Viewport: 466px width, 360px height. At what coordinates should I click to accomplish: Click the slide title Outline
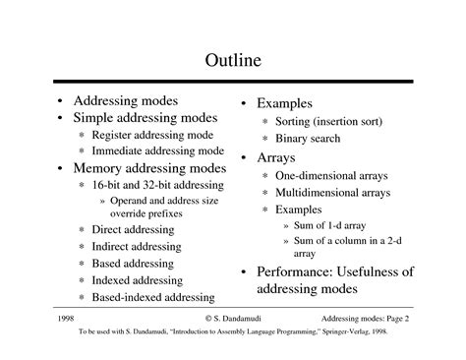pos(233,61)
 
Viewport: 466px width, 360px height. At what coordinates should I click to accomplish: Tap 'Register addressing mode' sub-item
pos(153,135)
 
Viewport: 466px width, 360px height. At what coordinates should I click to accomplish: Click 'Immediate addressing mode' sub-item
pos(157,151)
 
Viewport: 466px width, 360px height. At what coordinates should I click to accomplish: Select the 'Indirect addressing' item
pos(136,246)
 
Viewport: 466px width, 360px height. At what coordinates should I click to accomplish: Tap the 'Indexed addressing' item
pos(136,280)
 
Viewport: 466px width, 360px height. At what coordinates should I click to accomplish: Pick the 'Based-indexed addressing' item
pos(152,297)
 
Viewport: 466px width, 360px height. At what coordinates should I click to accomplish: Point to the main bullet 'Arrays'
pos(276,157)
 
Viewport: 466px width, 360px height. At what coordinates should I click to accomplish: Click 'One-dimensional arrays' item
pos(332,175)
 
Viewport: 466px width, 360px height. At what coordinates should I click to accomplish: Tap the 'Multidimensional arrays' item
pos(332,192)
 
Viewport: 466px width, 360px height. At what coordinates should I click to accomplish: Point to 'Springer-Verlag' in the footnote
pos(341,332)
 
